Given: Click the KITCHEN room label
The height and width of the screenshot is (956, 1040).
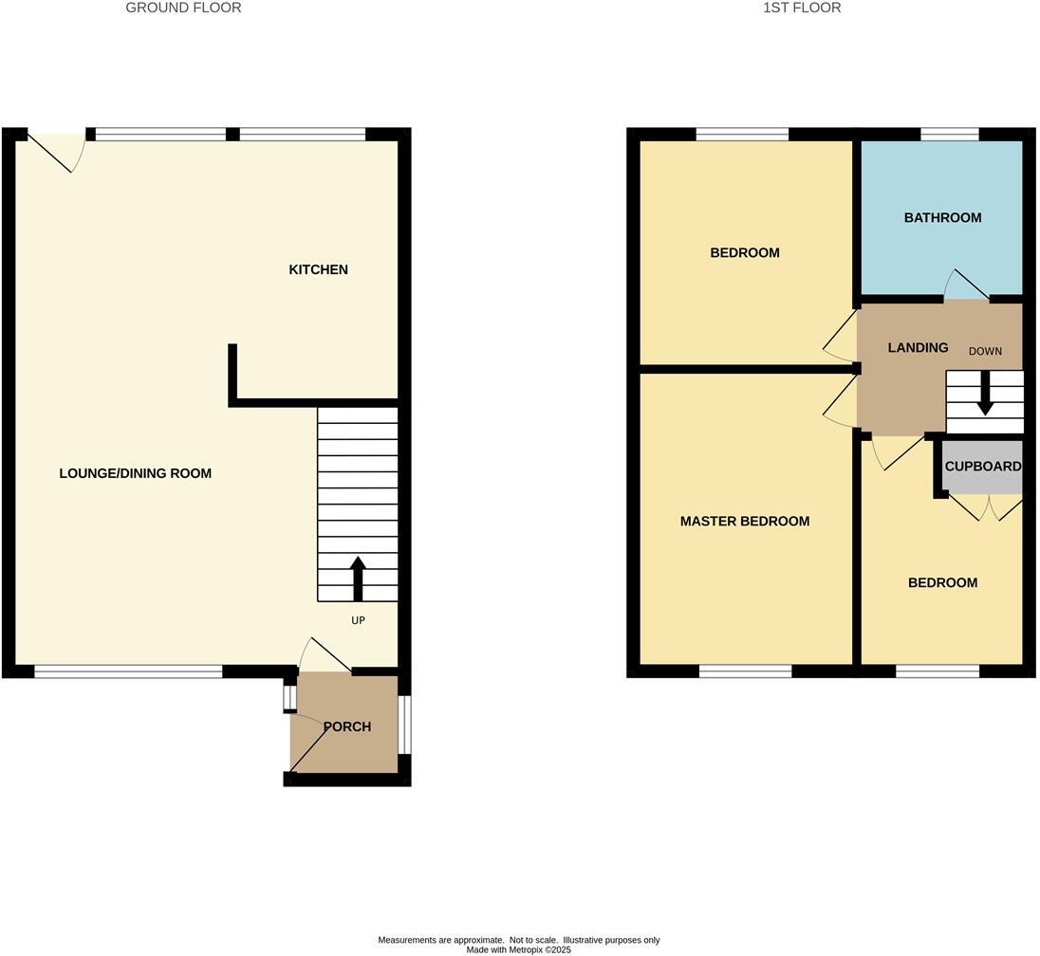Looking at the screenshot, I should (x=318, y=270).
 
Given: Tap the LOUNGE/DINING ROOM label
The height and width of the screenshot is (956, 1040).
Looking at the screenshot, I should (x=135, y=473).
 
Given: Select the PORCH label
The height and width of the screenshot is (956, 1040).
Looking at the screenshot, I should (x=346, y=727).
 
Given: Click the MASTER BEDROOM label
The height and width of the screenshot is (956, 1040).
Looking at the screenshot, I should (x=745, y=522).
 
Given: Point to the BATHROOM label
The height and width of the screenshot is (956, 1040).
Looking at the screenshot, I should (x=942, y=218).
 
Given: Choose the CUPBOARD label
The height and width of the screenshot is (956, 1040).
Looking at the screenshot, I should (x=982, y=467).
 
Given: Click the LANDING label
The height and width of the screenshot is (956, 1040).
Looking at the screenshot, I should (x=918, y=348).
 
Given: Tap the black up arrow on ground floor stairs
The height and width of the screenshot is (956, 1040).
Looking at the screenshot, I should (x=358, y=579).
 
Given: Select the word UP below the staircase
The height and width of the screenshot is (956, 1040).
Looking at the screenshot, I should (x=358, y=621).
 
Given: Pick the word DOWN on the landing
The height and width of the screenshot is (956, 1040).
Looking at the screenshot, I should (x=985, y=352).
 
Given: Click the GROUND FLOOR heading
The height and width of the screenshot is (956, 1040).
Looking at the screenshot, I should (x=184, y=8).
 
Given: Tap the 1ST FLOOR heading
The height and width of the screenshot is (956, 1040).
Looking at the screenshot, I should (x=802, y=8).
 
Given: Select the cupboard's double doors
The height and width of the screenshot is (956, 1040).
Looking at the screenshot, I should (x=986, y=507).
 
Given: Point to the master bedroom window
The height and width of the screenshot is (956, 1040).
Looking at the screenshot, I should (x=745, y=671).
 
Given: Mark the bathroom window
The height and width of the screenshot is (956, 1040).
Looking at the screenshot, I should (x=949, y=135).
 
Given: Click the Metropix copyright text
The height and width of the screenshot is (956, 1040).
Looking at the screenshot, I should (x=519, y=949).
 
